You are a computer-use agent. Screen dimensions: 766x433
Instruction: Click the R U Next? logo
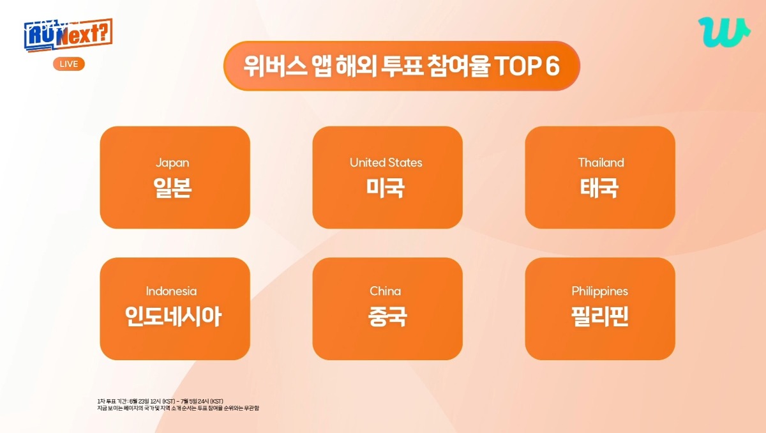[68, 35]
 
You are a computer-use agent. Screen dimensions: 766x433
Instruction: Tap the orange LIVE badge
[69, 64]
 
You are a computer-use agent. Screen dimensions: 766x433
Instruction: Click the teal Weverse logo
[724, 32]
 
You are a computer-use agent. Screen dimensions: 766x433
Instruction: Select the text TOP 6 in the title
[527, 66]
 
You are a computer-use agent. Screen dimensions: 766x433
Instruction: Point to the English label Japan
[172, 163]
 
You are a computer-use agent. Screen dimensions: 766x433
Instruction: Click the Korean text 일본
[172, 188]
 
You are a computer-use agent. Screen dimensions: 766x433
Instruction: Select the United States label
[386, 162]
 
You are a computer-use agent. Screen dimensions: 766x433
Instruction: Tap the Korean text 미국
[386, 188]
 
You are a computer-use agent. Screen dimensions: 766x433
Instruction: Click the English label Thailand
[601, 162]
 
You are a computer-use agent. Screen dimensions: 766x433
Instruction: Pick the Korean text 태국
[599, 188]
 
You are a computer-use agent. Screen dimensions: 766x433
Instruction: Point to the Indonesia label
[171, 291]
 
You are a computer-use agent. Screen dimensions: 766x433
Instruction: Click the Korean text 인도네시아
[174, 316]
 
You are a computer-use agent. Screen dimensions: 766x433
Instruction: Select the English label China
[385, 291]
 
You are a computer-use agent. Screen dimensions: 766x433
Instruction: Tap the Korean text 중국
[387, 316]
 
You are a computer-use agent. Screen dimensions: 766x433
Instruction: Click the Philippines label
[600, 291]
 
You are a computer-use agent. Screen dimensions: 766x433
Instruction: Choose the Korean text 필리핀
[600, 316]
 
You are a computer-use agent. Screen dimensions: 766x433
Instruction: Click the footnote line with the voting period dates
[160, 401]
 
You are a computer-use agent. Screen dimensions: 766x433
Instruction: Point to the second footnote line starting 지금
[178, 408]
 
